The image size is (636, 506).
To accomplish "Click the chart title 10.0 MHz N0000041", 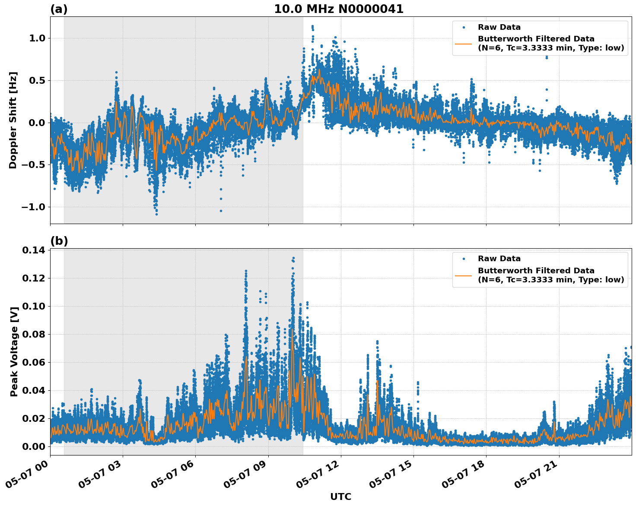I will click(338, 9).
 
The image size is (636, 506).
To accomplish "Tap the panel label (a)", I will click(59, 9).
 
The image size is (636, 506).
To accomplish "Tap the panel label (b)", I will click(59, 241).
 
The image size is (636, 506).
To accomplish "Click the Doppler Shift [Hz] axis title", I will click(13, 120).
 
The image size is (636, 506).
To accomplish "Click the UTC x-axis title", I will click(340, 497).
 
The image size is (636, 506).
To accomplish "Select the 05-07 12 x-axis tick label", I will click(320, 475).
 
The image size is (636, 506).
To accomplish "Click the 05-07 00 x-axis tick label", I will click(29, 475).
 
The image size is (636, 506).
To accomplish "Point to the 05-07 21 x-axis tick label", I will click(538, 475).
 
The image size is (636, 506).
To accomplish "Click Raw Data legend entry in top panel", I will click(499, 27).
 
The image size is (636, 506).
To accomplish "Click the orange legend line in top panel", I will click(463, 43).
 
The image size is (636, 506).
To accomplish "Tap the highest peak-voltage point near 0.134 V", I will click(293, 258).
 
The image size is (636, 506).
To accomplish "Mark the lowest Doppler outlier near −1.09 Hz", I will click(156, 214).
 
